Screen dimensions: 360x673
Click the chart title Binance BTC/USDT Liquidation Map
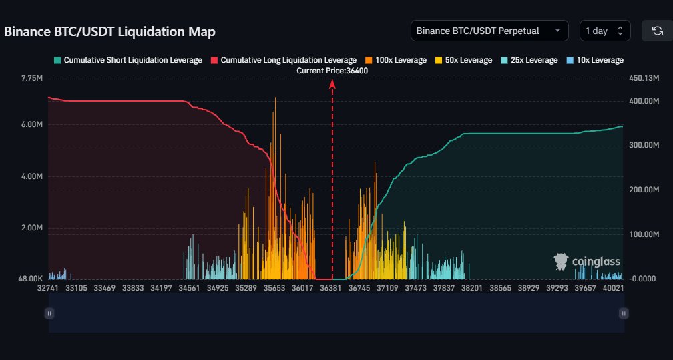coord(110,32)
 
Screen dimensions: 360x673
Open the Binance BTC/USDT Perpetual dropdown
coord(489,31)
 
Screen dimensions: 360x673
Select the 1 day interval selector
coord(604,31)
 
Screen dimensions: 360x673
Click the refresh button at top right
coord(657,31)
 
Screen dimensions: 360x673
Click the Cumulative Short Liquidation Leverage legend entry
coord(128,60)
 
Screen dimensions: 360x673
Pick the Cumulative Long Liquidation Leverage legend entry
coord(283,60)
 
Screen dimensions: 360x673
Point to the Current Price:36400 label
coord(332,70)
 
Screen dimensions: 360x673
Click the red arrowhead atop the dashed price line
coord(332,83)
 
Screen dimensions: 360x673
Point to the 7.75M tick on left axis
coord(31,78)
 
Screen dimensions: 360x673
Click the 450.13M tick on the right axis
coord(643,78)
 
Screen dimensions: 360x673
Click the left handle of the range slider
coord(49,313)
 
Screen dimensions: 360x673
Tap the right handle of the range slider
coord(623,313)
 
